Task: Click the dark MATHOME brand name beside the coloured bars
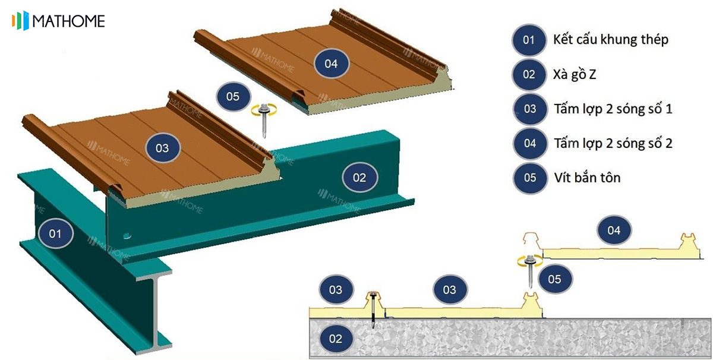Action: (x=68, y=21)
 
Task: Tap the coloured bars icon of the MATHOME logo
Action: (x=20, y=21)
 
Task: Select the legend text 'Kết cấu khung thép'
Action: (x=611, y=39)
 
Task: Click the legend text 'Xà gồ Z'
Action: (x=574, y=74)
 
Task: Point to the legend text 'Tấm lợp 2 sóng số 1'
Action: (x=613, y=109)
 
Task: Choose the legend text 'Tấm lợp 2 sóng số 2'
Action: (x=613, y=143)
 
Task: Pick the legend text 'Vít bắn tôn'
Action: (x=587, y=178)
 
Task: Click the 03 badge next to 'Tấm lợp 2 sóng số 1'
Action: (x=529, y=109)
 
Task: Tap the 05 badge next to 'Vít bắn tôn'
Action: (x=529, y=178)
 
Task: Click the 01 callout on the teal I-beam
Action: (x=55, y=233)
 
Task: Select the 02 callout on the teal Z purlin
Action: (x=359, y=177)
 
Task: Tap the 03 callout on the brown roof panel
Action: (x=162, y=148)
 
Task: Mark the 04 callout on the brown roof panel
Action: (x=331, y=64)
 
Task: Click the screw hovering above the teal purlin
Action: (x=264, y=121)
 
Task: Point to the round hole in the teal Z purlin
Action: (x=127, y=236)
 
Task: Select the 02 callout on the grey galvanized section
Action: (x=336, y=339)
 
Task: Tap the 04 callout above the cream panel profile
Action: (x=614, y=230)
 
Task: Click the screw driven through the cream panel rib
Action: (x=373, y=310)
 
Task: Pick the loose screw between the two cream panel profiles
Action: (x=530, y=270)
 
